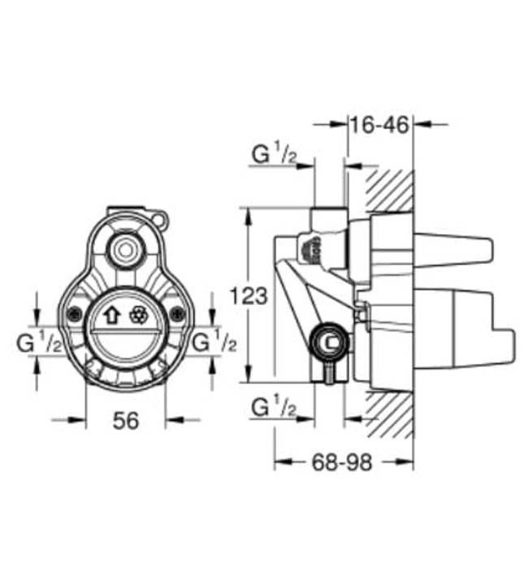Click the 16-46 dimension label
[x=379, y=124]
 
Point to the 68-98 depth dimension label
[x=341, y=462]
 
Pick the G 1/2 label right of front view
[x=214, y=342]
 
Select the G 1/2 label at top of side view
[x=273, y=153]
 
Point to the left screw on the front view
[x=73, y=316]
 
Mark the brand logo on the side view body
[x=315, y=248]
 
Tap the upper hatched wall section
[x=388, y=191]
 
